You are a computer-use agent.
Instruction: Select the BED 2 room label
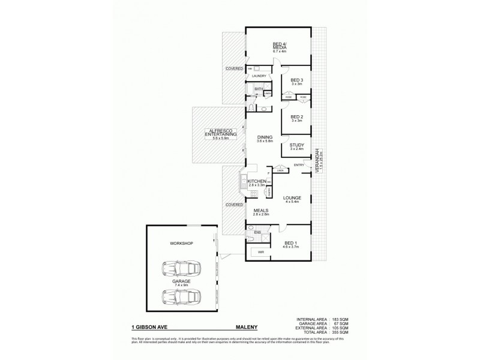[296, 118]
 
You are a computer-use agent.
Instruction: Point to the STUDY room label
[296, 146]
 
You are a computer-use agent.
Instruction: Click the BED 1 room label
[290, 243]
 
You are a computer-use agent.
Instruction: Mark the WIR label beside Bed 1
[262, 253]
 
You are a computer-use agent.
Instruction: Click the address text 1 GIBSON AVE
[148, 328]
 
